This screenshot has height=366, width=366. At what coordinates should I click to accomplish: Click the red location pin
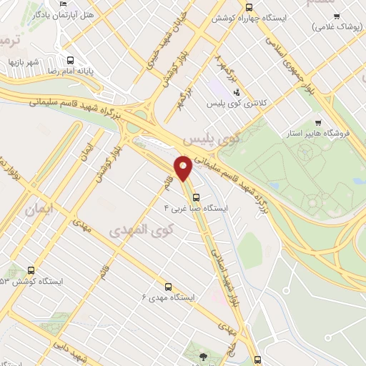coord(182,169)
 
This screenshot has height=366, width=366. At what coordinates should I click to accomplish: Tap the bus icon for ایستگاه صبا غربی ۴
coord(196,198)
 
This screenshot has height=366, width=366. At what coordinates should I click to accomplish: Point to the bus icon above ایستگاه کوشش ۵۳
coord(30,271)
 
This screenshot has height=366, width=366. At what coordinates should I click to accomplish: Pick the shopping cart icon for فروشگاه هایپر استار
coord(318,122)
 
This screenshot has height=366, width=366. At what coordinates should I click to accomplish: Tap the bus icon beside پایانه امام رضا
coord(71,61)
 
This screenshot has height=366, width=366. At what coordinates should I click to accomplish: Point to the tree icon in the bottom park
coord(204,355)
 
